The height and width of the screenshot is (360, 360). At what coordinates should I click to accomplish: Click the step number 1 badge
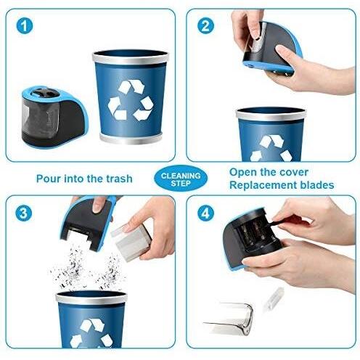(x=25, y=26)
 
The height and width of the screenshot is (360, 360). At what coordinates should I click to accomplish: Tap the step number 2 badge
(x=205, y=26)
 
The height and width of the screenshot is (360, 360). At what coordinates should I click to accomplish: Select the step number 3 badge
(x=23, y=213)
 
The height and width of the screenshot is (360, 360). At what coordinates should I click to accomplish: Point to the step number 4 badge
(x=205, y=213)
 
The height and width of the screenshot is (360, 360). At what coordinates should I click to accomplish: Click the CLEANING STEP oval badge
(x=181, y=179)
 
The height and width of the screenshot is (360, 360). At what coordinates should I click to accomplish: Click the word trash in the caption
(x=120, y=179)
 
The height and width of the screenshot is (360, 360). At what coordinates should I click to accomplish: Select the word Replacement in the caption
(x=263, y=185)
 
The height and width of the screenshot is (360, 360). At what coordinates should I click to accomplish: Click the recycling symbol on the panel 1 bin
(x=131, y=100)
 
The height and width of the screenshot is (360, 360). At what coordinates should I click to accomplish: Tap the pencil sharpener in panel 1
(x=54, y=118)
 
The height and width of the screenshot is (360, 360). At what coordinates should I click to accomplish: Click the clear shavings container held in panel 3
(x=131, y=242)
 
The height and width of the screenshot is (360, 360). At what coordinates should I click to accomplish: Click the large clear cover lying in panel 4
(x=230, y=318)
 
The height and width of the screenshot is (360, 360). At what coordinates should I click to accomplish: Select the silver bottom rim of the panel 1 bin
(x=131, y=139)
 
